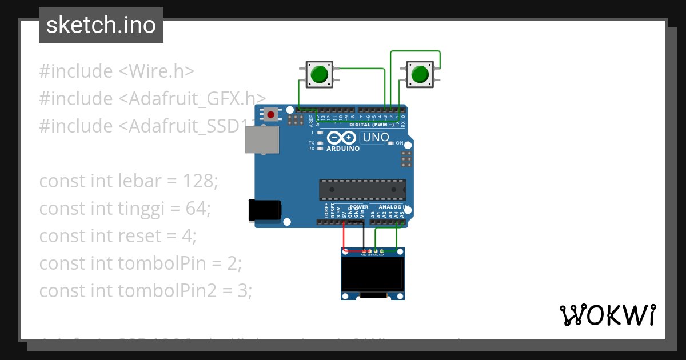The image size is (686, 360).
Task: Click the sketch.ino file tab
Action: click(101, 25)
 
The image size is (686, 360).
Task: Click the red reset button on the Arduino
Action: click(270, 115)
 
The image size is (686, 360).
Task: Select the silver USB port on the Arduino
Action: click(262, 139)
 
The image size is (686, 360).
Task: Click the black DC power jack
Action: click(264, 210)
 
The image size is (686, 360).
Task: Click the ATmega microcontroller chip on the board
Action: click(362, 190)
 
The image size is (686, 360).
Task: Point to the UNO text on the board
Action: click(376, 137)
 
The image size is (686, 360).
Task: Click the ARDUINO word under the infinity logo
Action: click(343, 149)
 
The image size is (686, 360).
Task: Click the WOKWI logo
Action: click(607, 315)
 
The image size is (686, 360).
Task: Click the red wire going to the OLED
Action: click(344, 237)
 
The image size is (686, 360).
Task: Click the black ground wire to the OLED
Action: click(364, 237)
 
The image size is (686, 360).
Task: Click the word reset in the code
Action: click(138, 236)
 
